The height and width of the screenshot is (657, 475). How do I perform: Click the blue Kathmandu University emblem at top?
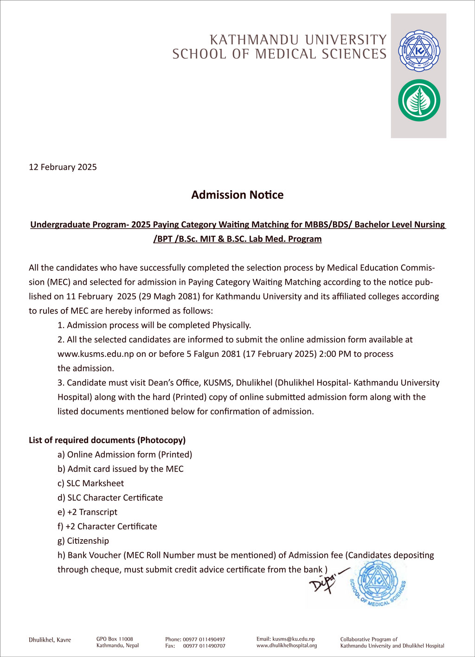tap(419, 51)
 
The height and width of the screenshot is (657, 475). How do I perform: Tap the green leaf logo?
tap(419, 100)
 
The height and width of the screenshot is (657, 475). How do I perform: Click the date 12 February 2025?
tap(63, 167)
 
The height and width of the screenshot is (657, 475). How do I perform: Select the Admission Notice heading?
tap(237, 195)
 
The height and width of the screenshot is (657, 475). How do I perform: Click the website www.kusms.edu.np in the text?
tap(96, 354)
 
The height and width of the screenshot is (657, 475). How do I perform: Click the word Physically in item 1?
tap(231, 325)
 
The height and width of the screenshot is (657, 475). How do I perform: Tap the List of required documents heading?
tap(107, 440)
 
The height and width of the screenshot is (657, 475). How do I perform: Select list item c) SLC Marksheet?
tap(90, 483)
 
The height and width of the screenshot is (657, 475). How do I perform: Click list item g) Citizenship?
tap(83, 541)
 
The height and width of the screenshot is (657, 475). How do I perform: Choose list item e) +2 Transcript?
tap(87, 512)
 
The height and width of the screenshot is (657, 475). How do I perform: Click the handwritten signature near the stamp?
tap(326, 579)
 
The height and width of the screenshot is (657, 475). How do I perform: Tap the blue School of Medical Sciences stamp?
tap(378, 582)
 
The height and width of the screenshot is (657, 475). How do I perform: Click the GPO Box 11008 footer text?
tap(115, 639)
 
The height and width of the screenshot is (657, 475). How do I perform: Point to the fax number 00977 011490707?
tap(204, 646)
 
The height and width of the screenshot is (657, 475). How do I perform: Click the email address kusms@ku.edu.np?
tap(293, 639)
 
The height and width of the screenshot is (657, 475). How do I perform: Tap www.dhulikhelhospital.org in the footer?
tap(287, 645)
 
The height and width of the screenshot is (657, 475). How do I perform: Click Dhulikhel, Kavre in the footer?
tap(50, 640)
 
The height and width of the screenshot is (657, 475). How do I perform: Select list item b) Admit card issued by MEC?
tap(120, 469)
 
